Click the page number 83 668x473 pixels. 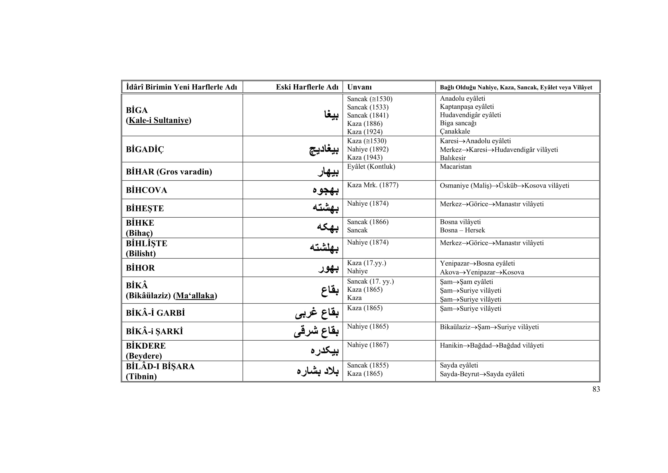[x=596, y=389]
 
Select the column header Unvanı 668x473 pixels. [x=359, y=87]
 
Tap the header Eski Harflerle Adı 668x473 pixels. [x=307, y=87]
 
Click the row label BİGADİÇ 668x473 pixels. [x=145, y=149]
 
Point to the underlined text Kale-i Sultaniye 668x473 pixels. [x=159, y=120]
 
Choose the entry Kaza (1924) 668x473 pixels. [x=364, y=132]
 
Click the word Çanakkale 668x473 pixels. [x=455, y=131]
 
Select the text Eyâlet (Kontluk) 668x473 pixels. [x=371, y=167]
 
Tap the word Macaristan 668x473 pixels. [x=456, y=167]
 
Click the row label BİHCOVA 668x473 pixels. [x=146, y=190]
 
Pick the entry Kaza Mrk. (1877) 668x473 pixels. [x=372, y=185]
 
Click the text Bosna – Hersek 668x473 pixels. [x=462, y=230]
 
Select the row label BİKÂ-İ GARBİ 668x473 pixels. [x=155, y=313]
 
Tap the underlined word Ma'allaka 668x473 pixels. [x=195, y=296]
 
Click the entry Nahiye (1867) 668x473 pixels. [x=368, y=345]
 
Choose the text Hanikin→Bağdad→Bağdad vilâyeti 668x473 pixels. [x=492, y=345]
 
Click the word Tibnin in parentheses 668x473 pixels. [x=141, y=377]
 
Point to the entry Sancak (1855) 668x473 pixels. [x=368, y=365]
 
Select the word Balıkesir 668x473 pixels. [x=453, y=158]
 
